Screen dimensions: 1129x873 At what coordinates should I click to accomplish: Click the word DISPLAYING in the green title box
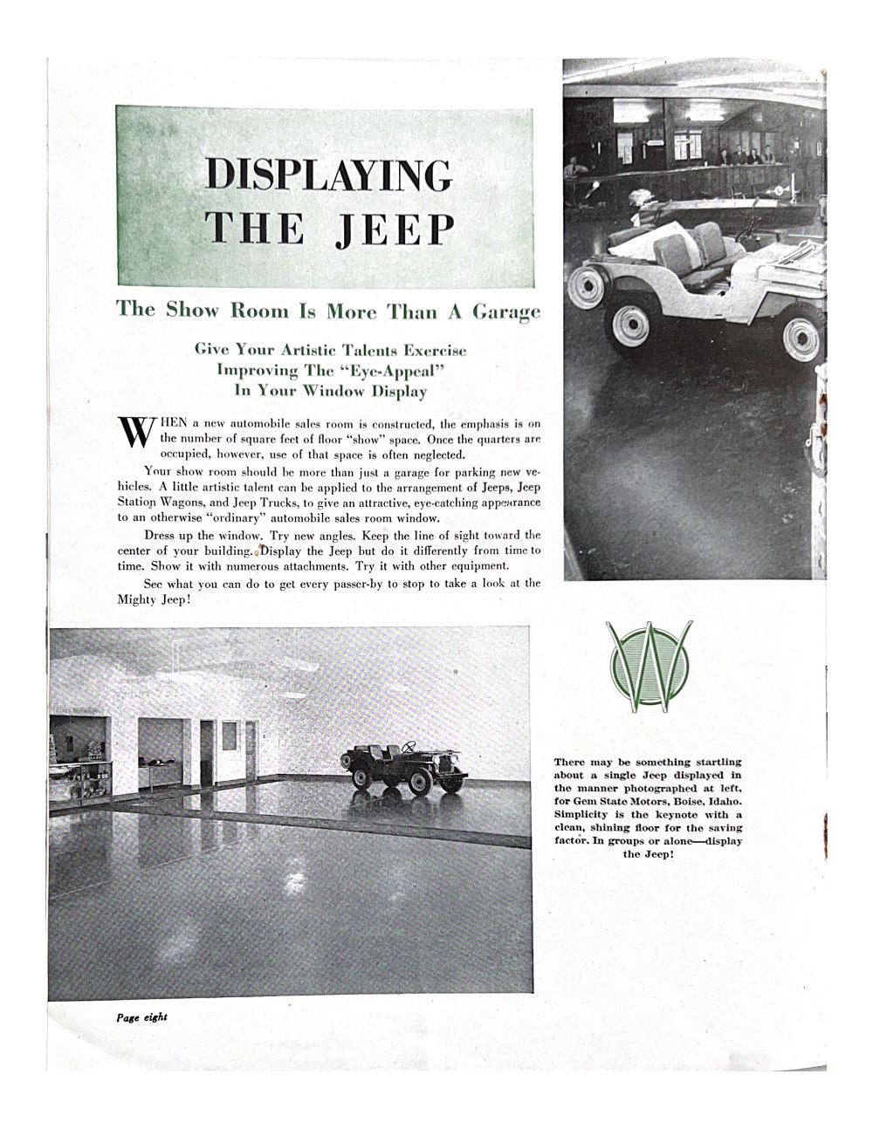(328, 174)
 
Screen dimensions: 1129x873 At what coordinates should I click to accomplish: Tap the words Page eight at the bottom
(141, 1017)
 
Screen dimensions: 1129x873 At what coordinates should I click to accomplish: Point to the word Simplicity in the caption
(583, 814)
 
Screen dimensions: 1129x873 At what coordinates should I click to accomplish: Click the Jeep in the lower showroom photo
(408, 767)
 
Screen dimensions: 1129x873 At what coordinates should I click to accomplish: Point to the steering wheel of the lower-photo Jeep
(407, 748)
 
